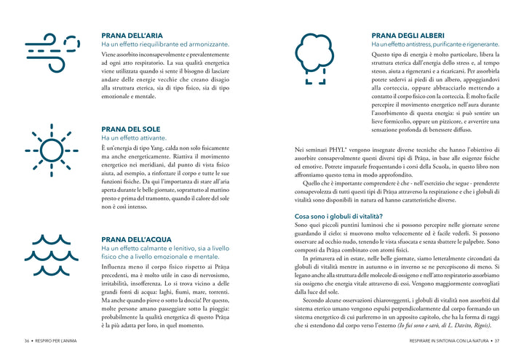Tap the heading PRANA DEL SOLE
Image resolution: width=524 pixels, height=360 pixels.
click(130, 129)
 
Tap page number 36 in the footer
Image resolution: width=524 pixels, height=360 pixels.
click(26, 340)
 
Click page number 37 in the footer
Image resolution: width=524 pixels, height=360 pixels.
click(497, 340)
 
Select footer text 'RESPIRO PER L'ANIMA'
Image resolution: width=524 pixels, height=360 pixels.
click(59, 340)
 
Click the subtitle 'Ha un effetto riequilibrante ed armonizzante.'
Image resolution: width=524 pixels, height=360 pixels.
click(164, 44)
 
